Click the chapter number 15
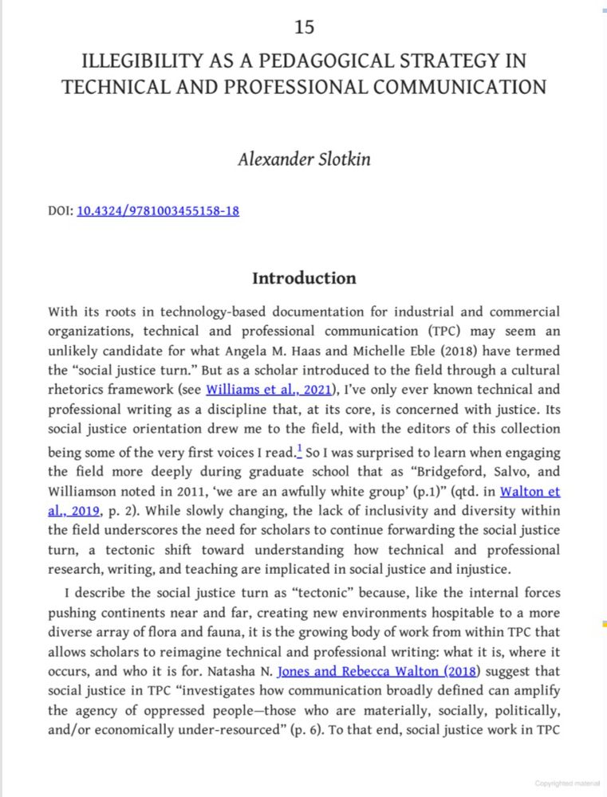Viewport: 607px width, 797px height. tap(304, 27)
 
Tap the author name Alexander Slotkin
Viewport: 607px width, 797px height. tap(304, 158)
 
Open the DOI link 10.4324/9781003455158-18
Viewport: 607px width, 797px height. tap(158, 211)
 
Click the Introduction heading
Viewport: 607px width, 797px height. tap(304, 278)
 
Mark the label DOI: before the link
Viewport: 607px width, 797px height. tap(60, 211)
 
